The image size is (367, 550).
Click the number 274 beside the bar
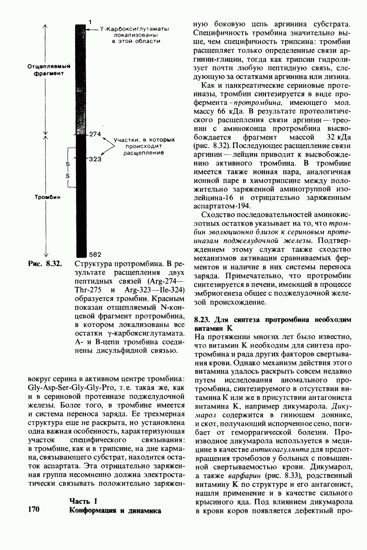coord(95,134)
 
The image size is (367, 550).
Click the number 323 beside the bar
coord(95,159)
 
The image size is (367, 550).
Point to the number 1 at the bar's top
coord(91,22)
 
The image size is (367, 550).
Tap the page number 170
coord(35,509)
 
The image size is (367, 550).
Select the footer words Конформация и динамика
coord(115,510)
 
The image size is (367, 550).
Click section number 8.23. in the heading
coord(203,319)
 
